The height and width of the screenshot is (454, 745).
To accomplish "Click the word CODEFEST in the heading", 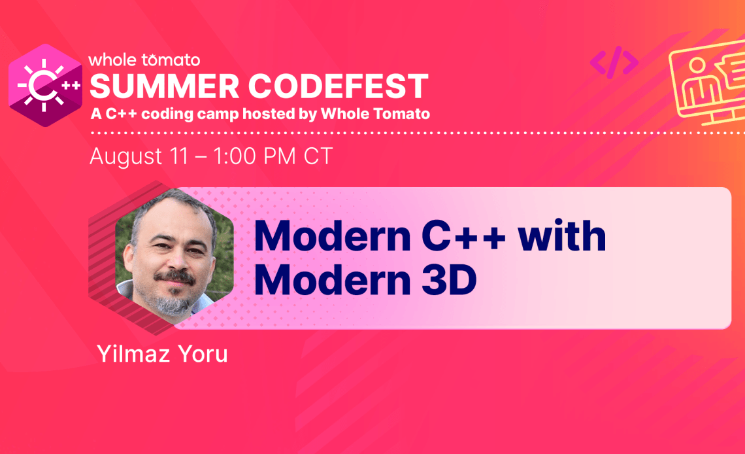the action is click(x=339, y=86).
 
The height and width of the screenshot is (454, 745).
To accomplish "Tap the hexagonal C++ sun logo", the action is click(x=46, y=85).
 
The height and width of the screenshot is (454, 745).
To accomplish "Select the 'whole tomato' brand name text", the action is click(x=144, y=60).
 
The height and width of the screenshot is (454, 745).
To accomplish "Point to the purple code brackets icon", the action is click(x=614, y=61).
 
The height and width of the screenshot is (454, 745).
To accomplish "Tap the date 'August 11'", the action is click(x=139, y=156).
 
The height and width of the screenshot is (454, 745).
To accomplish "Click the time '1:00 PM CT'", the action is click(x=273, y=156).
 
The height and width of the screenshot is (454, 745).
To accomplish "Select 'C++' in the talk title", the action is click(x=464, y=236).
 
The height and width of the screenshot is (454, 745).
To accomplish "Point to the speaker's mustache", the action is click(x=175, y=276).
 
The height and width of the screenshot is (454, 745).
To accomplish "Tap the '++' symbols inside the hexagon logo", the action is click(x=71, y=86).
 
